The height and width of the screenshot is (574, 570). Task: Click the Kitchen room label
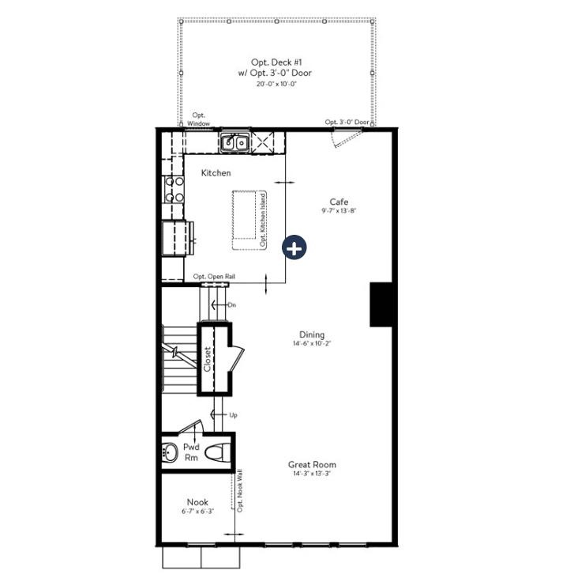tap(216, 172)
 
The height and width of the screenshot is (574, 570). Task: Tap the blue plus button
tap(294, 247)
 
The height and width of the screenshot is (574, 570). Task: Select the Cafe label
tap(339, 202)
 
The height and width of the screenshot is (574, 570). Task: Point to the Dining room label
tap(312, 334)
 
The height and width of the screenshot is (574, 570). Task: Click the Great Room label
tap(312, 465)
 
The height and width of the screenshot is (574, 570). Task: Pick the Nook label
tap(197, 502)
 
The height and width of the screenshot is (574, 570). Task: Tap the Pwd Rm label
tap(191, 452)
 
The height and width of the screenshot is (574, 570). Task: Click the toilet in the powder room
tap(216, 453)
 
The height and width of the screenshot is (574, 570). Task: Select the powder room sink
tap(170, 454)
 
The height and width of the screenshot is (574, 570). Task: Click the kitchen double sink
tap(234, 143)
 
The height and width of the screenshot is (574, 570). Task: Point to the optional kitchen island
tap(249, 220)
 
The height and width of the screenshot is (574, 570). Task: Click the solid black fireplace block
tap(381, 304)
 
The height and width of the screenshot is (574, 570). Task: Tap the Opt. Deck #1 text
tap(276, 62)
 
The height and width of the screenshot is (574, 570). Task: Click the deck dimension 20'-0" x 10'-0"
tap(276, 84)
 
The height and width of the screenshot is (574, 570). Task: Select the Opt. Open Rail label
tap(214, 277)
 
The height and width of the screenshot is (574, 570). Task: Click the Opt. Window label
tap(198, 119)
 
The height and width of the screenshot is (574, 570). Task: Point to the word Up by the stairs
tap(234, 414)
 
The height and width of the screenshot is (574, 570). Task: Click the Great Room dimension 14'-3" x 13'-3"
tap(312, 474)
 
